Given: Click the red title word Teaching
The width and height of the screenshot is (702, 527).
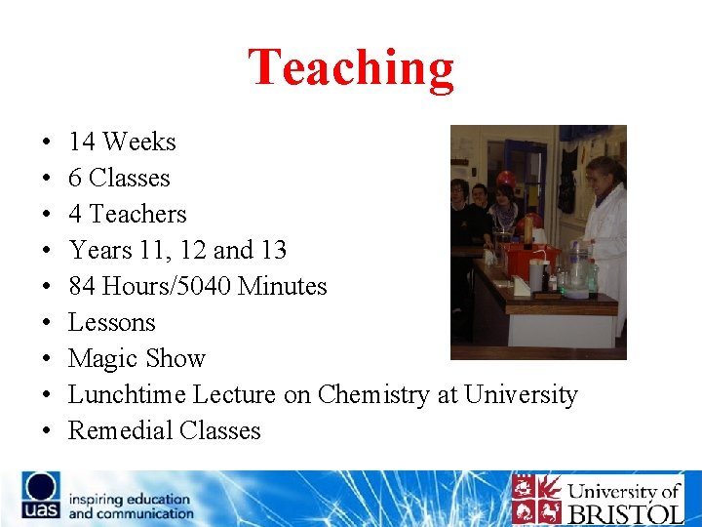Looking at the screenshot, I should point(351,68).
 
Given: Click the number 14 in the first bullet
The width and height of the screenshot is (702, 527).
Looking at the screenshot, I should point(81,142).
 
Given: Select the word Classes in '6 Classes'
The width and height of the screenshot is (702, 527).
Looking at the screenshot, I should point(129,179).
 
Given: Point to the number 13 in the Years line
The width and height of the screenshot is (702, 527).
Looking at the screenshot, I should point(273,251).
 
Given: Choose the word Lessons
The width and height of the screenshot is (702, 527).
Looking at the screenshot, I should point(111,323).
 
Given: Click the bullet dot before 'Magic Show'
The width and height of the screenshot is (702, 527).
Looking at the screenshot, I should point(48,360).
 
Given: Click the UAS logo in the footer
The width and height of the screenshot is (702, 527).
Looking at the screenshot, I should point(42,497).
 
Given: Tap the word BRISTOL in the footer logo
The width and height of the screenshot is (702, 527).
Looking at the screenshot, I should point(624,512).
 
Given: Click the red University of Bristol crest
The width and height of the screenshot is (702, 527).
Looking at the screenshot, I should point(535,499).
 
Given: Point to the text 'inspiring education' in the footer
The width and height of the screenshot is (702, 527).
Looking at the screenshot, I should point(130,499).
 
